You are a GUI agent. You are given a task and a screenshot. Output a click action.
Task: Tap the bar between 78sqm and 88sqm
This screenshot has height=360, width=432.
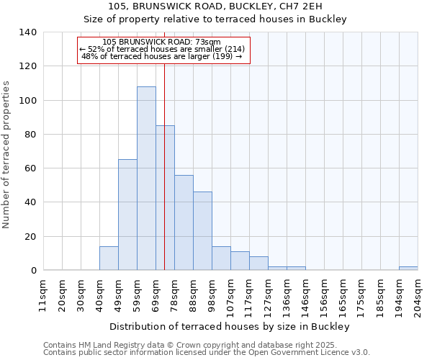[184, 222]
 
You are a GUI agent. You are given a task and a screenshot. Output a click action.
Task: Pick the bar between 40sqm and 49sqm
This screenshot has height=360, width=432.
[109, 258]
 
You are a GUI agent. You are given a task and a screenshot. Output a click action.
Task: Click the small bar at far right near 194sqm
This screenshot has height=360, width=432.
[408, 269]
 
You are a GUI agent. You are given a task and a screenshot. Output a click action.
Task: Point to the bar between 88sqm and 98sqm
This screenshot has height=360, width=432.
[202, 231]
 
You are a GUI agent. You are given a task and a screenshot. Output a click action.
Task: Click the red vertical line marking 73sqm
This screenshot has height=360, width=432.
[164, 180]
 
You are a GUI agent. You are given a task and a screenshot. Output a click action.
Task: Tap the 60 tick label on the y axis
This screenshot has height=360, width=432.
[30, 168]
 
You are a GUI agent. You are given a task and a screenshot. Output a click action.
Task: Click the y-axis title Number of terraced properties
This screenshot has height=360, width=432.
[7, 155]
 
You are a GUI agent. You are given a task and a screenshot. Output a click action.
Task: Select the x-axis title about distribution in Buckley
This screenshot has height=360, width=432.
[230, 327]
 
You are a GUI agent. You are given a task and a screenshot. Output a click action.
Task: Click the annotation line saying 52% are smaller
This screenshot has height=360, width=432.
[162, 49]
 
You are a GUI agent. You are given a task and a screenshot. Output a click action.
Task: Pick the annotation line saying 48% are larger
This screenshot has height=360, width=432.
[162, 56]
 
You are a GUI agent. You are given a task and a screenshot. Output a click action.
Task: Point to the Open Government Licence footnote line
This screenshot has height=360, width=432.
[207, 353]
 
